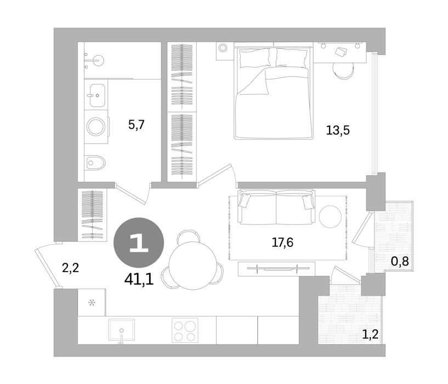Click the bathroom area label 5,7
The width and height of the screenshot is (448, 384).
tap(137, 125)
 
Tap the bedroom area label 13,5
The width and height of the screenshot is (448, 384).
tap(338, 131)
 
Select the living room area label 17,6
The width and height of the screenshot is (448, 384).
tap(282, 243)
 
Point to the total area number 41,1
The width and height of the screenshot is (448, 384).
tap(139, 279)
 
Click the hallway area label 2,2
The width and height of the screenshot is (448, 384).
tap(70, 268)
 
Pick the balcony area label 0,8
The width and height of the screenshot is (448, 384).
tap(400, 261)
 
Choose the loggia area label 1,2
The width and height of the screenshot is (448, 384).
tap(370, 334)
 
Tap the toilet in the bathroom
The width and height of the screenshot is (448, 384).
tap(95, 163)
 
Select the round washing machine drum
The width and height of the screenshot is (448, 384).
tap(97, 127)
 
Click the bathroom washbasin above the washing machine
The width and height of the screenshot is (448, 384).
tap(97, 95)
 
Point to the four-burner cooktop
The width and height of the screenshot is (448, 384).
tap(185, 330)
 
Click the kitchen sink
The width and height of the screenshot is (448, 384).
tap(121, 330)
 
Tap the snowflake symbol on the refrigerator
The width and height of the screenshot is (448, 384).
tap(92, 302)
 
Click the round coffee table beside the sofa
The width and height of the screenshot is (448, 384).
tap(330, 217)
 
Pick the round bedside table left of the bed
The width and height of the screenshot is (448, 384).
tap(223, 47)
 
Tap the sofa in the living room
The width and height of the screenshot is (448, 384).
tap(276, 207)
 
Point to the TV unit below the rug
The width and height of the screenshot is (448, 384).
tap(276, 269)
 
